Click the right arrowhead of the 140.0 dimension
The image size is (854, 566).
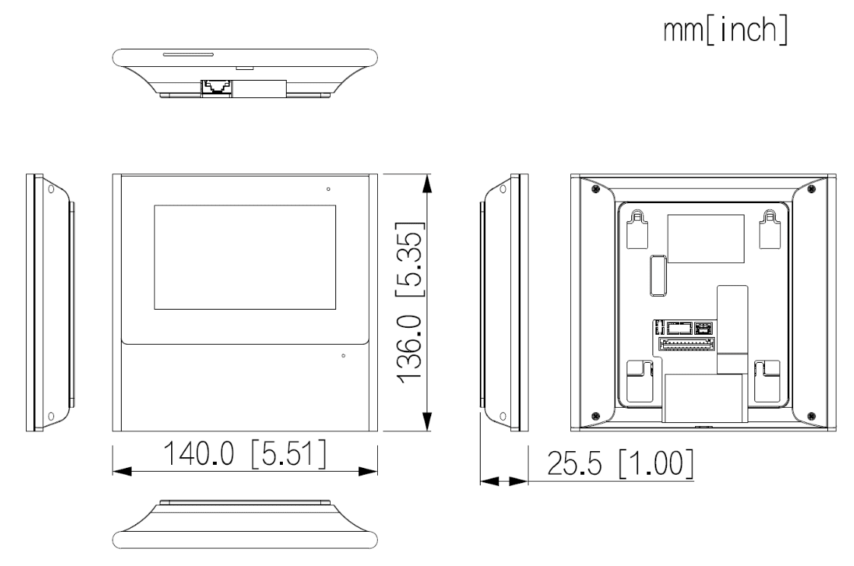coord(369,471)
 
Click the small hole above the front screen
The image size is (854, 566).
coord(328,188)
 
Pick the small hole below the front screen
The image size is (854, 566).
coord(344,355)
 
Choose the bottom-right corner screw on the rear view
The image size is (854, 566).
coord(811,415)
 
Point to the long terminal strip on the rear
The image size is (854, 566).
coord(686,344)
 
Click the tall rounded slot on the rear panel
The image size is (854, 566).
coord(656,275)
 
